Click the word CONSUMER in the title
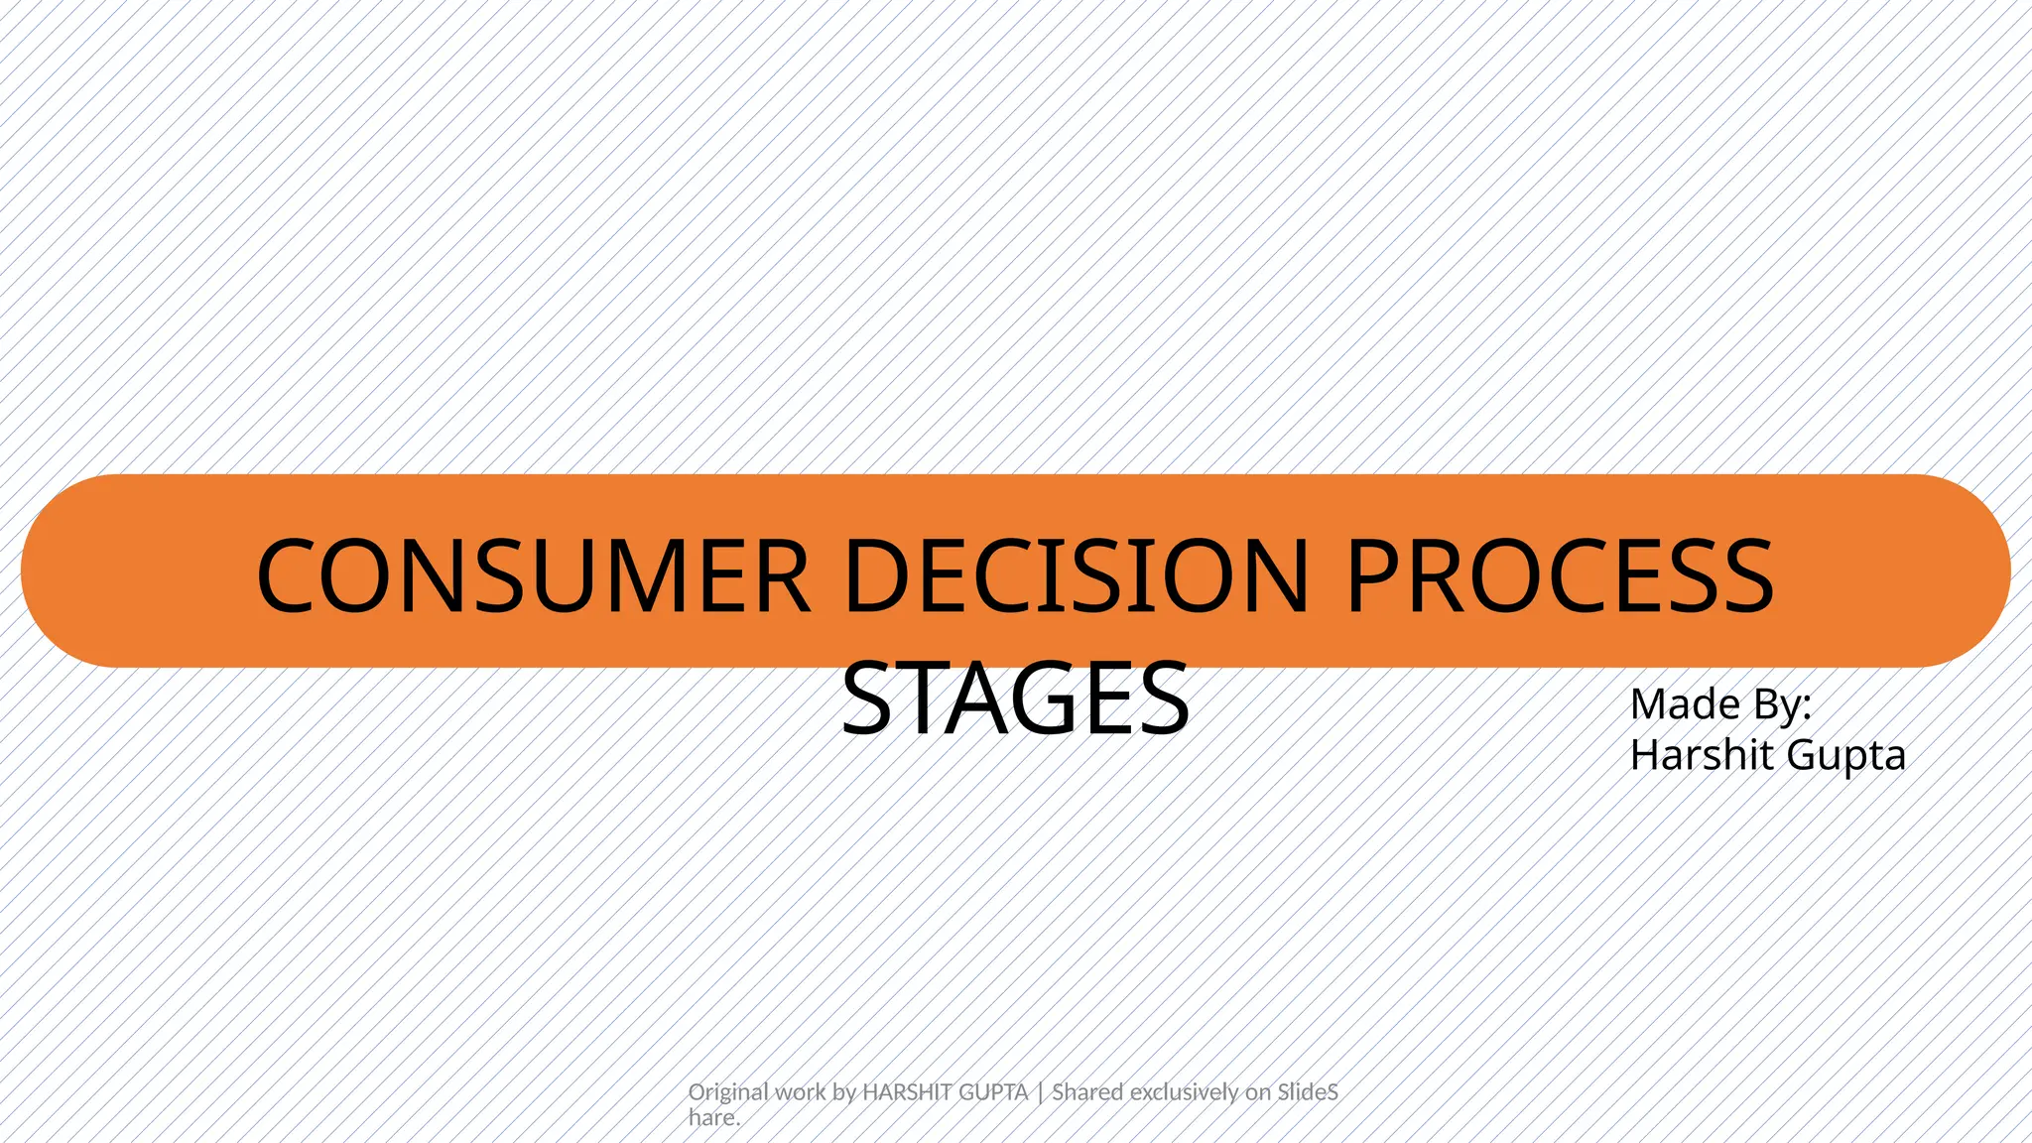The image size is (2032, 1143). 533,576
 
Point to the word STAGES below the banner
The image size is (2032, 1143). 1015,699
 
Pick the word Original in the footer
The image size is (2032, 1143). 728,1092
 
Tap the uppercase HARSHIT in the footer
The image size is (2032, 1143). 902,1092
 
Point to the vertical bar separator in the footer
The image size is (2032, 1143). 1040,1092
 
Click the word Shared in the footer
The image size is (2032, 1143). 1088,1092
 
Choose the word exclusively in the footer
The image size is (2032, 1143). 1185,1092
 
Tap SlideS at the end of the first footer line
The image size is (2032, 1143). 1308,1092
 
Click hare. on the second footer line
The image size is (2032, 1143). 714,1118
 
